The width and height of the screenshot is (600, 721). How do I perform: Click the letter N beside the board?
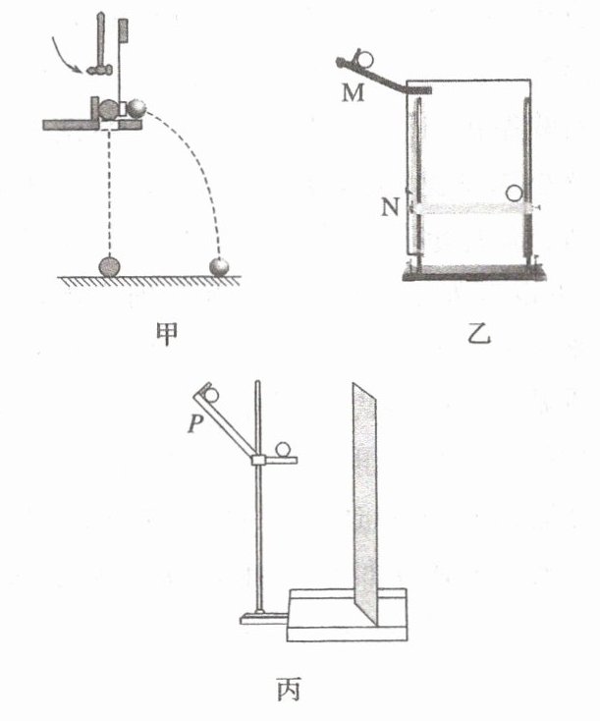coord(392,207)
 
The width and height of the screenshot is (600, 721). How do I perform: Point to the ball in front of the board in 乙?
coord(514,195)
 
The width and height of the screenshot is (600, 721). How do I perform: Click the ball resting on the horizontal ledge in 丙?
coord(284,449)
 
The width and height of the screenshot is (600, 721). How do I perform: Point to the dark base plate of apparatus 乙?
coord(471,274)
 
